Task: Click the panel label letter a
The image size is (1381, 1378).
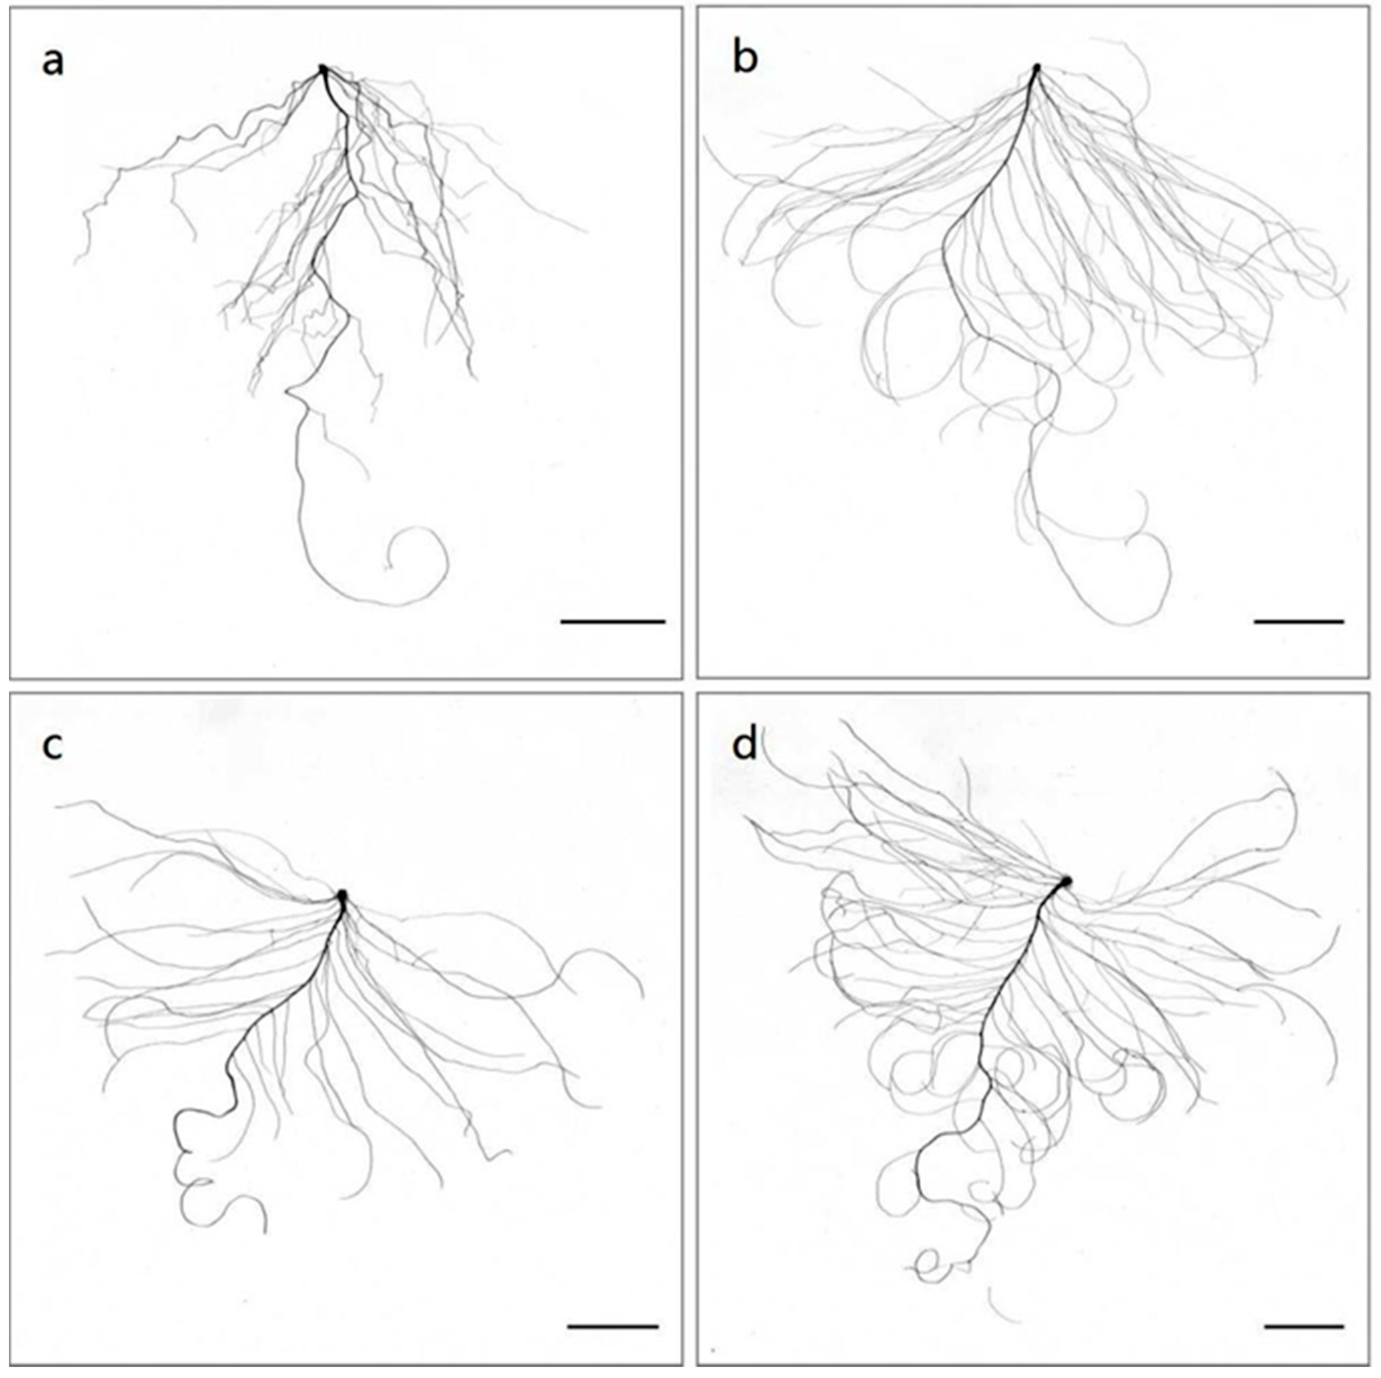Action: pos(53,62)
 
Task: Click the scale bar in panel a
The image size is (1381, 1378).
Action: pos(613,622)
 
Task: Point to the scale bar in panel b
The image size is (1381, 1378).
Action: pos(1299,622)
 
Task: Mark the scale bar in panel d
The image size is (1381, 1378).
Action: pos(1304,1306)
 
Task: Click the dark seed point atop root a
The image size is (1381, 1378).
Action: pos(322,69)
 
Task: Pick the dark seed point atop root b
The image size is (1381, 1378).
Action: pos(1037,69)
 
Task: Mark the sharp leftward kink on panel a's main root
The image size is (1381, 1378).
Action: pos(287,391)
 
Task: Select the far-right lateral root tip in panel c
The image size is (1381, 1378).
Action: pos(642,995)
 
